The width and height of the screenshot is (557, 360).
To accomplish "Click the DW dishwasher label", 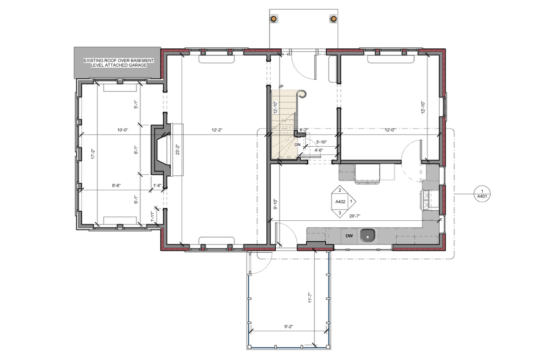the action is click(x=349, y=236).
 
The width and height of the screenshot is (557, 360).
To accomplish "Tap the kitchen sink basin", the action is click(x=368, y=236).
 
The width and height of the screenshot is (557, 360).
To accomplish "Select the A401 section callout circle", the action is click(x=482, y=194).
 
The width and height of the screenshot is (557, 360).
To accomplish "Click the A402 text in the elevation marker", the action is click(x=340, y=202).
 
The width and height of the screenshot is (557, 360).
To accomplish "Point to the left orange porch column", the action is click(x=273, y=19).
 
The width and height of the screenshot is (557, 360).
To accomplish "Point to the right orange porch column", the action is click(x=333, y=19).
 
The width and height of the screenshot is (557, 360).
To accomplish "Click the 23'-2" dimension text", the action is click(x=177, y=149).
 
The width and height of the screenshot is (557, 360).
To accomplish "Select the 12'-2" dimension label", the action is click(x=217, y=130).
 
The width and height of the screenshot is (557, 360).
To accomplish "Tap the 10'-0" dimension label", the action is click(x=123, y=130).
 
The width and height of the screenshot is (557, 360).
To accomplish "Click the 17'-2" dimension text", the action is click(x=93, y=154).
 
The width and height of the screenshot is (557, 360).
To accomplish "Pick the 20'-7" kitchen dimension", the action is click(x=355, y=216).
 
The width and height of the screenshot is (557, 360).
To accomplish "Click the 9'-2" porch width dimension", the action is click(x=289, y=327).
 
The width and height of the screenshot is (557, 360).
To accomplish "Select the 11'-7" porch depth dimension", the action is click(x=310, y=297).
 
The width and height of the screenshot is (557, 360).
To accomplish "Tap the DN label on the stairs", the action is click(x=298, y=145).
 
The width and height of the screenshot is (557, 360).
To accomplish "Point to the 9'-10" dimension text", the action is click(x=275, y=204).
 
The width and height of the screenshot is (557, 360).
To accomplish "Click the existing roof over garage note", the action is click(x=119, y=63).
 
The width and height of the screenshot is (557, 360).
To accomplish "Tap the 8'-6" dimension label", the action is click(x=116, y=186).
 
